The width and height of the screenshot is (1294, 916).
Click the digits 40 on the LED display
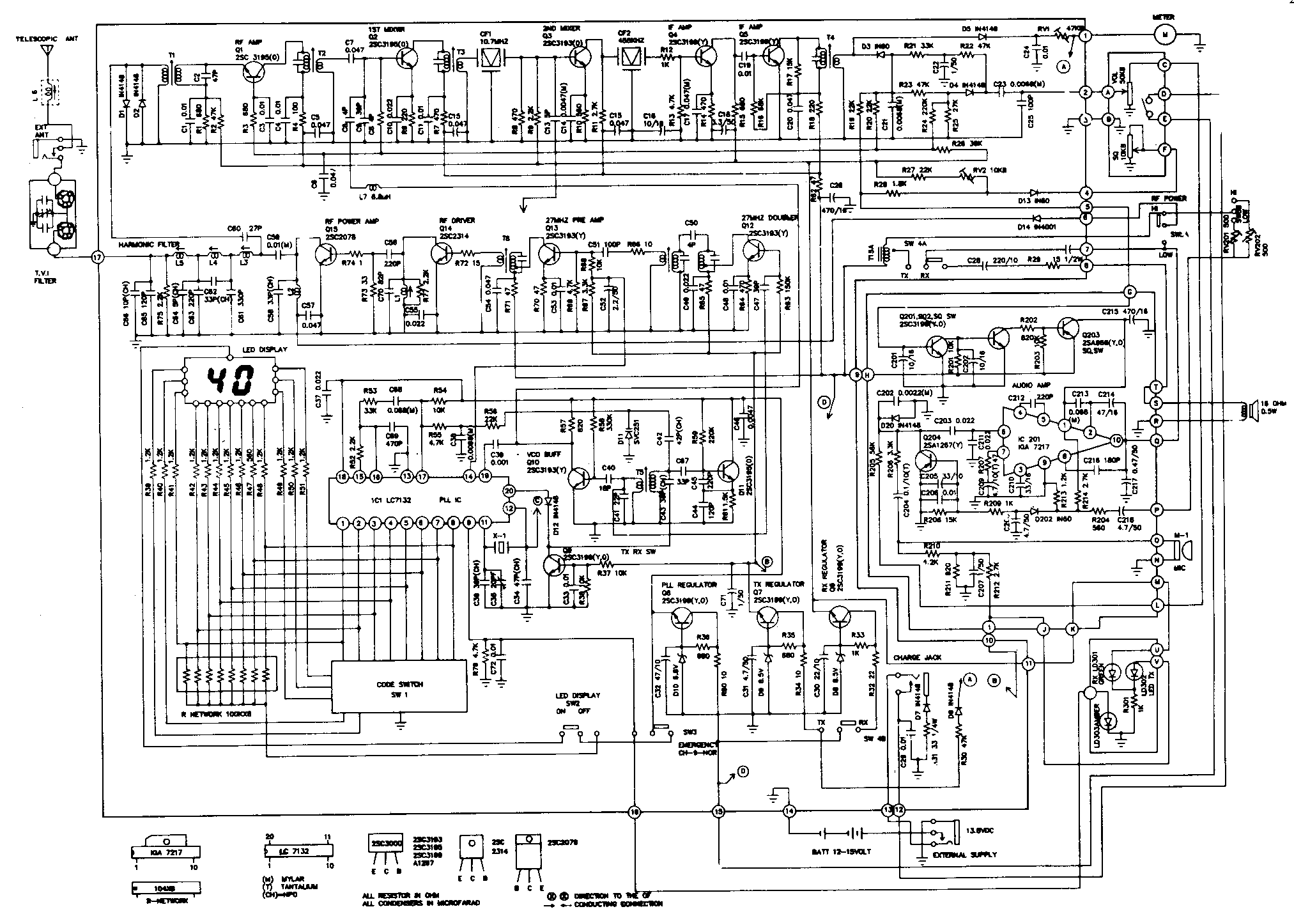point(230,382)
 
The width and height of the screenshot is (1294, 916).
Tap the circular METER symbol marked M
point(1165,35)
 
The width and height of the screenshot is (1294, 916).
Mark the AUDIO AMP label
point(1030,386)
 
